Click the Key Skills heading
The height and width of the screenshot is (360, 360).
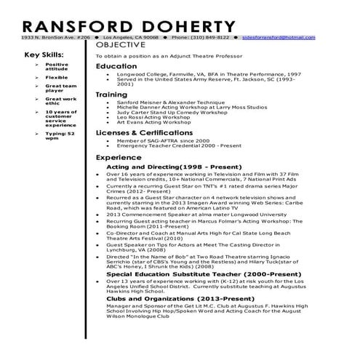point(44,55)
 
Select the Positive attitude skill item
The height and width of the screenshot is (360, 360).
point(57,67)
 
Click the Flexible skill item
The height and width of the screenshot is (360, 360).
point(56,76)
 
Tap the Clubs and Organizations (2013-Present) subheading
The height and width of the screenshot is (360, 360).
point(165,298)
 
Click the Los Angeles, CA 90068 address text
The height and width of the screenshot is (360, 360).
point(131,36)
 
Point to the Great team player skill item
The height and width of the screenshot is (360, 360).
point(57,89)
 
